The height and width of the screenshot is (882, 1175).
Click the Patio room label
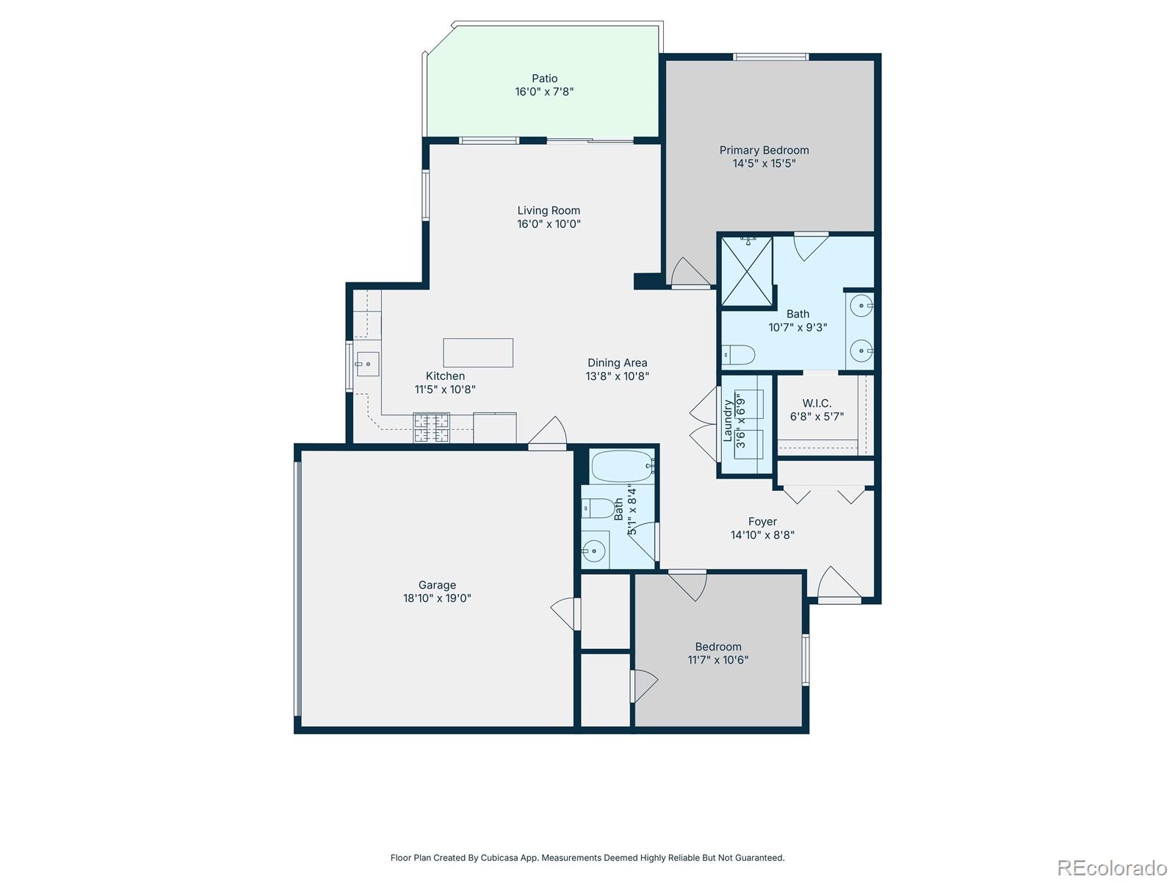(x=544, y=78)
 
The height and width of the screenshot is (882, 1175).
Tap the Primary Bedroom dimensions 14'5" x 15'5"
(x=764, y=163)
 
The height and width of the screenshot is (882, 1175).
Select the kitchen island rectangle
(x=477, y=353)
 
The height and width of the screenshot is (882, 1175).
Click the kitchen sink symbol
(x=366, y=363)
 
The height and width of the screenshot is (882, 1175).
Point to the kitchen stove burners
(x=431, y=428)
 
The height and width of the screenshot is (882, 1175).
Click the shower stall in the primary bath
(x=747, y=270)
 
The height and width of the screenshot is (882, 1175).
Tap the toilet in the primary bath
(x=739, y=355)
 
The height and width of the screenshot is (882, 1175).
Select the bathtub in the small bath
(x=621, y=465)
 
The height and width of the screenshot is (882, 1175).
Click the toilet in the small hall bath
(x=599, y=508)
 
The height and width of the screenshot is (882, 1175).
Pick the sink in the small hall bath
(x=593, y=550)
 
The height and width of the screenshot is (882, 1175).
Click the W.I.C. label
(x=817, y=403)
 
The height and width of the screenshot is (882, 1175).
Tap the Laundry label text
(x=728, y=420)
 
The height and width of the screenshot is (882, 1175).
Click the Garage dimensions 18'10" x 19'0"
(x=437, y=598)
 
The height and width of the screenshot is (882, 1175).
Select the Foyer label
(x=762, y=521)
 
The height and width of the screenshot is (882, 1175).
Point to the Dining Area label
(x=617, y=362)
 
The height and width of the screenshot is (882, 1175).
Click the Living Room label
(x=549, y=210)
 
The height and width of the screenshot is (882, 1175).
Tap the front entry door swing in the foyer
(x=837, y=584)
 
